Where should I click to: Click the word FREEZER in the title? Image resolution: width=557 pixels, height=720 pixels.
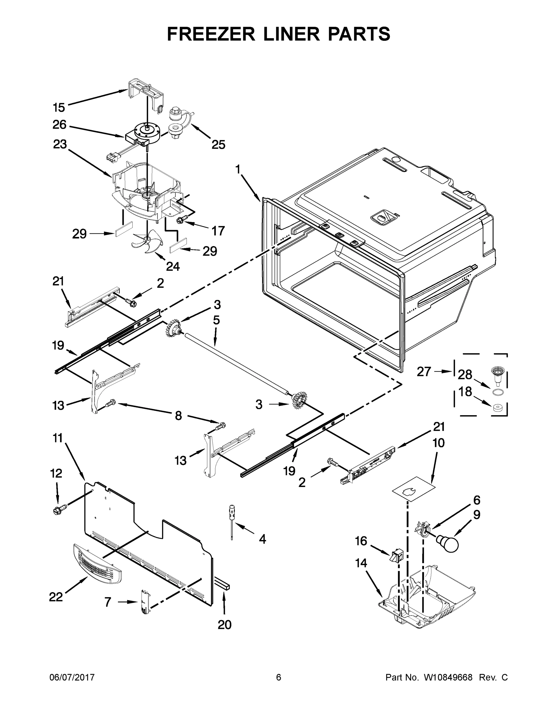[211, 34]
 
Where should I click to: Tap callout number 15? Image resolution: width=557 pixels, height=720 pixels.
[59, 107]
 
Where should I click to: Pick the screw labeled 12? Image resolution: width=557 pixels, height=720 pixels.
[59, 510]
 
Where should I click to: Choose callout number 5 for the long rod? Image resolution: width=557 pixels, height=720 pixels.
[216, 320]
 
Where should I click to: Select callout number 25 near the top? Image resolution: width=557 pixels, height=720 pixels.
[218, 144]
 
